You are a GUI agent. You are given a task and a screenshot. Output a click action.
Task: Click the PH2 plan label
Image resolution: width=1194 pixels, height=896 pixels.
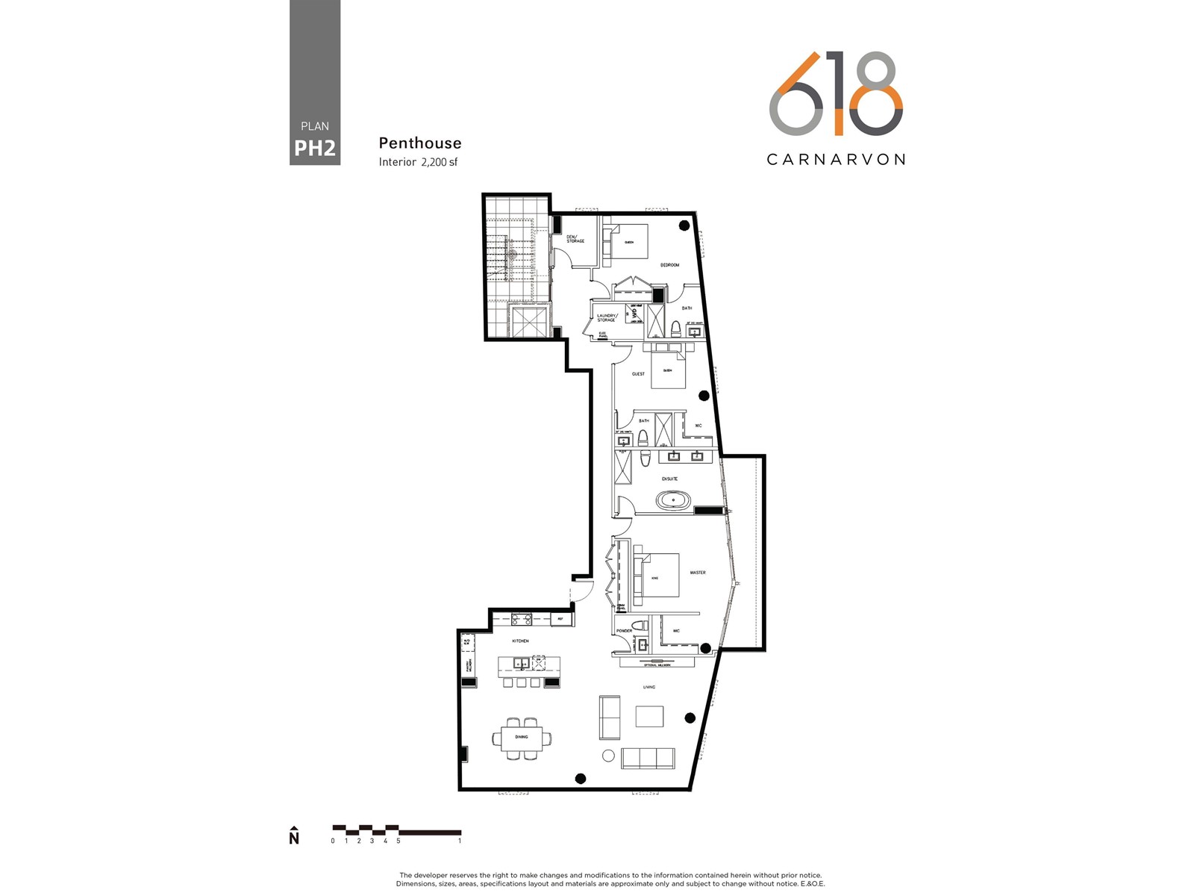point(314,148)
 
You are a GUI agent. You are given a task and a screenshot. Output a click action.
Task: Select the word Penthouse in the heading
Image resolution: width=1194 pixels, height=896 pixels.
point(419,143)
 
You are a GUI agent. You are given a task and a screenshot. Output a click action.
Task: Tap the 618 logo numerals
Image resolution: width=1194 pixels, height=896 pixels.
point(836,93)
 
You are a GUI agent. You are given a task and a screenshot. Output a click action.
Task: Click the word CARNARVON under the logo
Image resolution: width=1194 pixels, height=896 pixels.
point(836,159)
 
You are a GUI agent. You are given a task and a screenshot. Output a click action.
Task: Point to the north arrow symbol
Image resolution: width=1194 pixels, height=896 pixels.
point(294,836)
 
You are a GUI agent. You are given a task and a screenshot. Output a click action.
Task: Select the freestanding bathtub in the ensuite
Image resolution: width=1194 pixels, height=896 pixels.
point(674,500)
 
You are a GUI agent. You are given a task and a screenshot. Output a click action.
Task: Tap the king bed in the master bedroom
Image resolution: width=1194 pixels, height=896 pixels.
point(657,575)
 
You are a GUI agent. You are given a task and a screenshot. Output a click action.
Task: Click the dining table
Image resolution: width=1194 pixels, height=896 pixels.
point(522,738)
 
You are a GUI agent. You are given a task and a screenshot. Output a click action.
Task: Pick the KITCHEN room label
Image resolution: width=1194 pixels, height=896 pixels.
point(520,641)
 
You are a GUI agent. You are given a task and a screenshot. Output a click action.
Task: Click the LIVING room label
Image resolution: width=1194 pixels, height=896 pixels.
point(649,687)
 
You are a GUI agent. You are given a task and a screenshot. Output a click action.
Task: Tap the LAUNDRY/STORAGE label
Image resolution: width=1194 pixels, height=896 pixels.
point(607,318)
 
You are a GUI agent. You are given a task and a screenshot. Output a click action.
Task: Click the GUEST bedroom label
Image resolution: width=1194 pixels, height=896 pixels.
point(638,373)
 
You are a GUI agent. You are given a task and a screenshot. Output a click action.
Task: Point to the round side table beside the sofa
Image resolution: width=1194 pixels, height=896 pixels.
point(608,756)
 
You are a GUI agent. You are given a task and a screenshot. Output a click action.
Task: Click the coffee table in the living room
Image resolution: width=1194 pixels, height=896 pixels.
point(649,716)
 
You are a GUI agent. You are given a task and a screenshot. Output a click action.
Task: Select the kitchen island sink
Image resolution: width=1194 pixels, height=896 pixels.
point(520,662)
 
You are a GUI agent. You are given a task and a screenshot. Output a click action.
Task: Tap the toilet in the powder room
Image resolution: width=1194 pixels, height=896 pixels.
point(639,626)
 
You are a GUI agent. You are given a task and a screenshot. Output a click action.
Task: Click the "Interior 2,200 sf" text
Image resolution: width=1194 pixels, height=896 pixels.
point(418,162)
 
